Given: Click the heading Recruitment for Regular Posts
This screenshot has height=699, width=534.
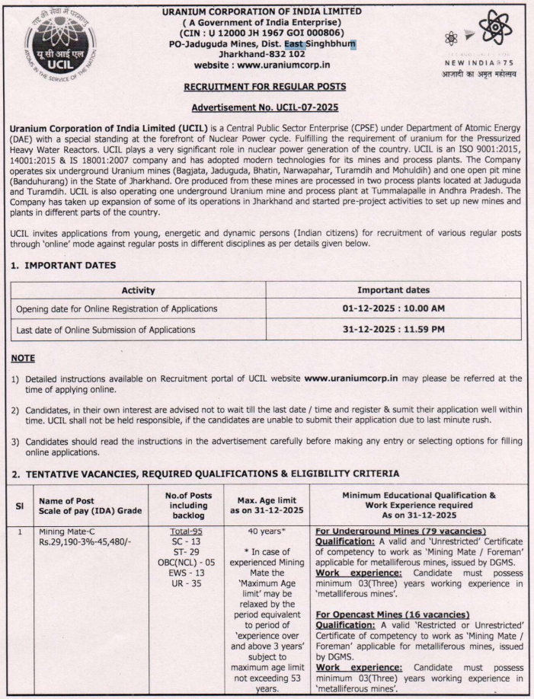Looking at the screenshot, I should (264, 88).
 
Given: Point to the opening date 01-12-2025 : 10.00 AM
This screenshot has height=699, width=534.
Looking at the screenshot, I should (393, 308).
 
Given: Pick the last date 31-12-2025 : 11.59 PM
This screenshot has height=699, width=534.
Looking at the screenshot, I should (393, 330).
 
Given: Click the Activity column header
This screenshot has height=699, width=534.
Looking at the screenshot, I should (138, 290).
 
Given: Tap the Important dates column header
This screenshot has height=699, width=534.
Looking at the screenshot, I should (393, 290).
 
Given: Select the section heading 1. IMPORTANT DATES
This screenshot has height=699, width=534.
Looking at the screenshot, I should (64, 265).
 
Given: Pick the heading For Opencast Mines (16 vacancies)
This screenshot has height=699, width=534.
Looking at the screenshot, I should (392, 614).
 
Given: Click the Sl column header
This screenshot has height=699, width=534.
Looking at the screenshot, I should (20, 505).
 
